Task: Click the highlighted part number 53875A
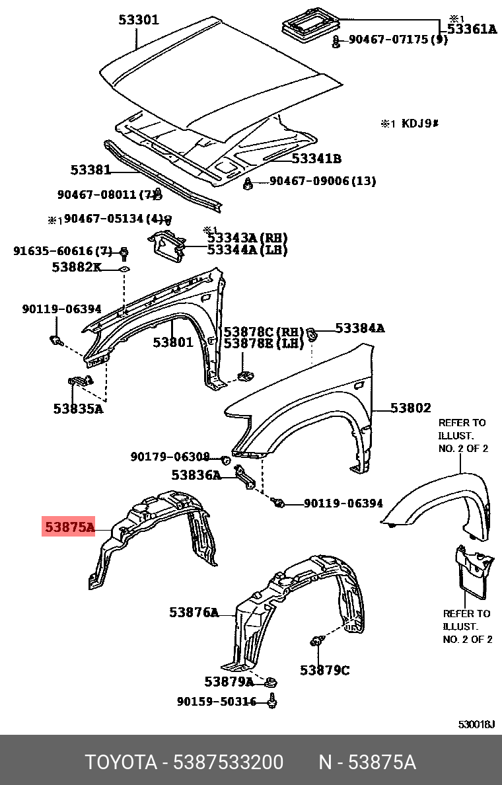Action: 69,527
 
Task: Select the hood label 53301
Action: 139,20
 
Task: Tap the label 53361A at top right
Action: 472,28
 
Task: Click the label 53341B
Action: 316,159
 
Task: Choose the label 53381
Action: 90,170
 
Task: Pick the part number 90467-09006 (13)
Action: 322,181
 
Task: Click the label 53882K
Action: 77,267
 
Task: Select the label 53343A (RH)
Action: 247,238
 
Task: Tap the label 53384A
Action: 359,328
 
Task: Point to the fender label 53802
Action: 410,408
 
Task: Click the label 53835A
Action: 78,408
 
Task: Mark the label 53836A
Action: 196,474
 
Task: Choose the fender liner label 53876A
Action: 194,613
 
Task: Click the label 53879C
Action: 324,670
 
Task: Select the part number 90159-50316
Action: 216,702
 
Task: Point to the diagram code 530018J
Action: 476,724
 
